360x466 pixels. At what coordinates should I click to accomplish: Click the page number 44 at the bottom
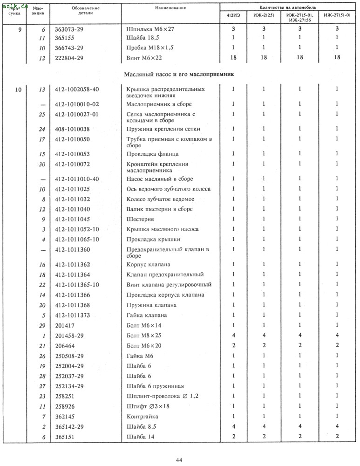179,460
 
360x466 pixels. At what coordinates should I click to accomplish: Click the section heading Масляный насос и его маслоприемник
178,74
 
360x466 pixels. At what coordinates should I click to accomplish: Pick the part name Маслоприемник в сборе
159,104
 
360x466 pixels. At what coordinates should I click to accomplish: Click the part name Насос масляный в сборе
160,179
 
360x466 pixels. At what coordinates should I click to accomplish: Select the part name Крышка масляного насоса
163,229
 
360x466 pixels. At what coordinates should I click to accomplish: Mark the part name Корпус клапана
148,265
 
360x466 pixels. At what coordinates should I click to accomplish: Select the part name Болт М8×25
143,336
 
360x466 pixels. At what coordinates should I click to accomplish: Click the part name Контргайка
143,416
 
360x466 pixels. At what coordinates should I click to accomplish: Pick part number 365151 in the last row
65,437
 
